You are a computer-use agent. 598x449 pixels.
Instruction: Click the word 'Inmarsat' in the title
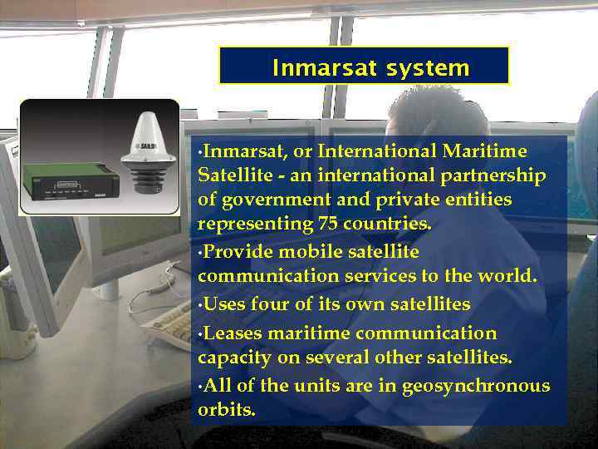click(x=313, y=67)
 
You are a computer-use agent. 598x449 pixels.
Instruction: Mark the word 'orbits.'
click(x=227, y=411)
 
